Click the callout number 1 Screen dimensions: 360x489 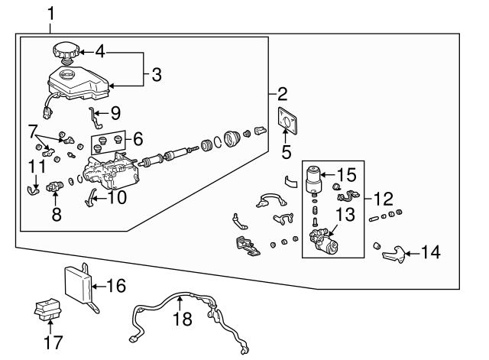pyautogui.click(x=51, y=13)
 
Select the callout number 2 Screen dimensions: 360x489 pyautogui.click(x=282, y=95)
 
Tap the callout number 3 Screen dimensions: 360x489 pyautogui.click(x=156, y=74)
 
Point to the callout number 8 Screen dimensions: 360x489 pyautogui.click(x=57, y=215)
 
